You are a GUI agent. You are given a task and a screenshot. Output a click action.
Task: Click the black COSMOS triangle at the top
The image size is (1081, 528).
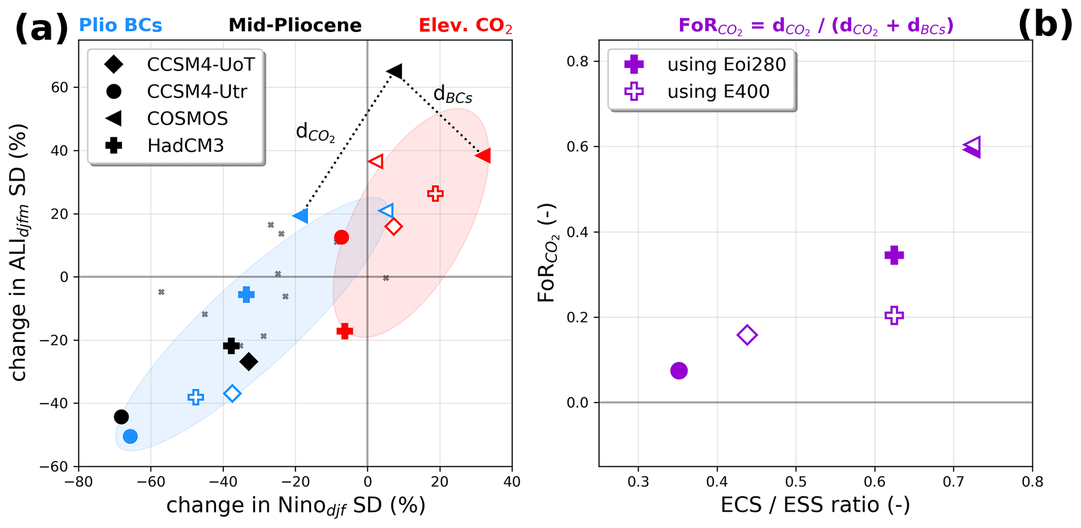click(394, 71)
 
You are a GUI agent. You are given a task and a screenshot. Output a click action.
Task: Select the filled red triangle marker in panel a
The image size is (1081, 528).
click(483, 155)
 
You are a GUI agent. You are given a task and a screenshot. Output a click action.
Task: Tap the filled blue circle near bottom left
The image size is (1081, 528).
click(130, 436)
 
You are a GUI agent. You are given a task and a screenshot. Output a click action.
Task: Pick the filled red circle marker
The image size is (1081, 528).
click(342, 237)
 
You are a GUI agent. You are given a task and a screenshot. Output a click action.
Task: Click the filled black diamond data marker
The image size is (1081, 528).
click(249, 362)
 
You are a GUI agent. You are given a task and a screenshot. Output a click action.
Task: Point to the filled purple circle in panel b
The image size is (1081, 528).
click(679, 371)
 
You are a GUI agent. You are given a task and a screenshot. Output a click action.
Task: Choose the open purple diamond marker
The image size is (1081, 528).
click(747, 335)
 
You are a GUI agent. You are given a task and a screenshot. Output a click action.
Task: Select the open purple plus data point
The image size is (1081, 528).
click(894, 316)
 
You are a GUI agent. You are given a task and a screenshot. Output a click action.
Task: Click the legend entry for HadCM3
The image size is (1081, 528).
click(185, 145)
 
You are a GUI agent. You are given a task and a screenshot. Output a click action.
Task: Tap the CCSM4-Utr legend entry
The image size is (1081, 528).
click(197, 92)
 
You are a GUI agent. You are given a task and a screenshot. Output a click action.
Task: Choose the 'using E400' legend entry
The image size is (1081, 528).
click(718, 92)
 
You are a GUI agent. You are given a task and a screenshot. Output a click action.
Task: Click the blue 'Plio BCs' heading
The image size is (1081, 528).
click(120, 25)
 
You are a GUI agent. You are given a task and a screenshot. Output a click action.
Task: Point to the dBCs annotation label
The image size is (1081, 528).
click(452, 95)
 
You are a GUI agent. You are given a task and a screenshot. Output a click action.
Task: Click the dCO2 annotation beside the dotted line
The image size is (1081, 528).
click(315, 132)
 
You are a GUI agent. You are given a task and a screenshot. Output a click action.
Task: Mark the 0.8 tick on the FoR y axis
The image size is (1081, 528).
click(577, 62)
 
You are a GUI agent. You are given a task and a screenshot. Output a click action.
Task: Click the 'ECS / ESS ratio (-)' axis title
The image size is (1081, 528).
click(815, 505)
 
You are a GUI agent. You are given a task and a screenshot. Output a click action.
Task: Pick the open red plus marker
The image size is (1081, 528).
click(435, 194)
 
